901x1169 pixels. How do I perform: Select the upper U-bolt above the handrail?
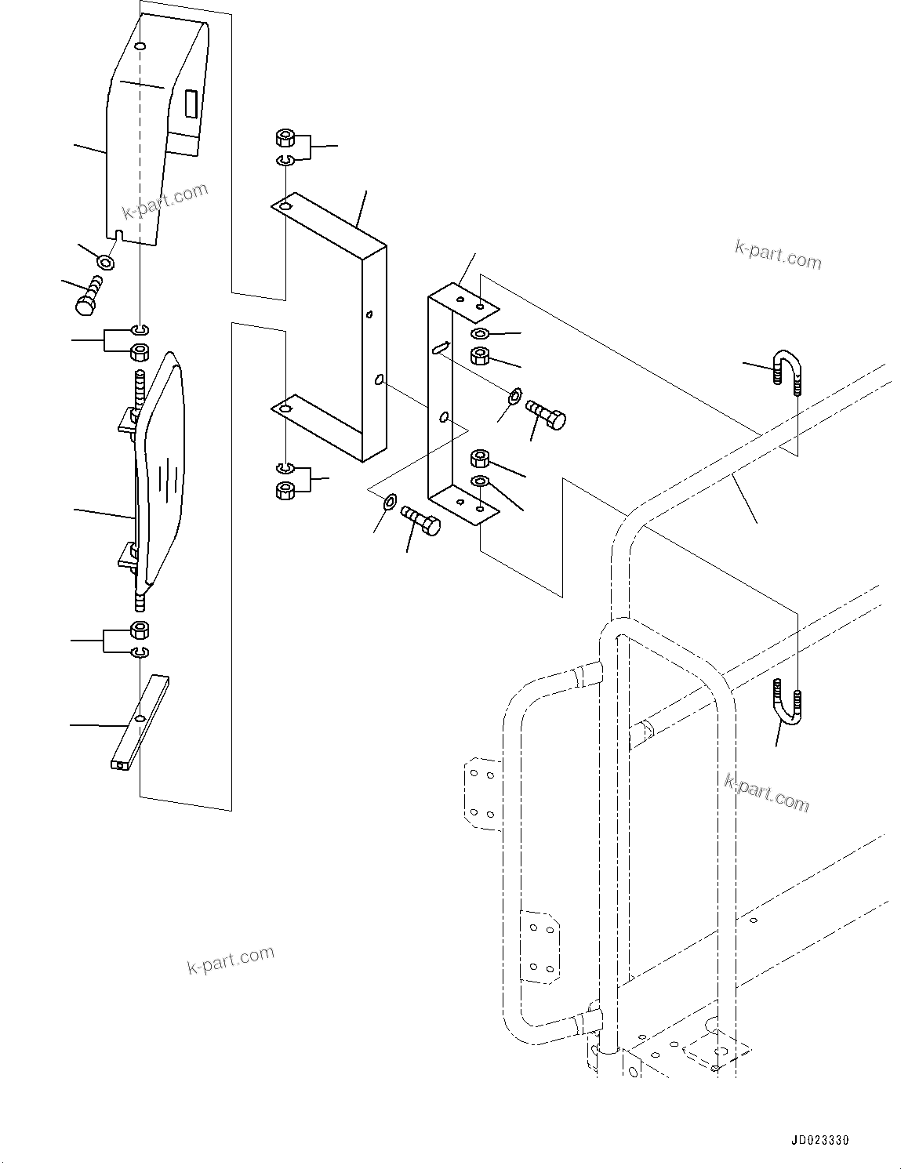point(788,370)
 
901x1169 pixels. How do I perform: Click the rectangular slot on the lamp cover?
point(191,104)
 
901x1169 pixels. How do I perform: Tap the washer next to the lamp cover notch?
point(104,261)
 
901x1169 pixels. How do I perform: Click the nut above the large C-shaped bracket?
point(286,140)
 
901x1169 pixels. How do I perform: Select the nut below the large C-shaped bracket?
point(286,491)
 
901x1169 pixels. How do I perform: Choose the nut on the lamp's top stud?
point(140,351)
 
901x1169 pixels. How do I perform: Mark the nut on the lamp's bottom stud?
point(140,630)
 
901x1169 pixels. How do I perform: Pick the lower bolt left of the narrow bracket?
point(421,520)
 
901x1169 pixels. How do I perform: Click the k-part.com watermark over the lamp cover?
point(165,201)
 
